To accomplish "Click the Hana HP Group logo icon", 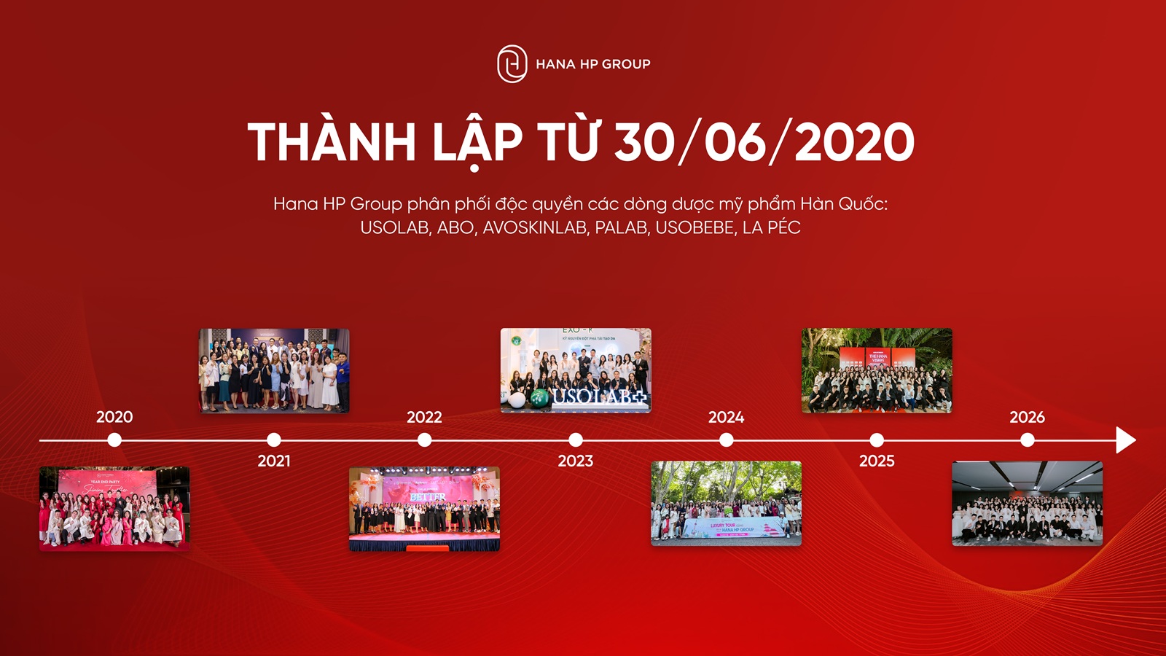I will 512,64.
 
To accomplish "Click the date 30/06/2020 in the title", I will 764,142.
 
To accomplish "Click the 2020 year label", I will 114,417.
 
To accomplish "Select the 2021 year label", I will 274,461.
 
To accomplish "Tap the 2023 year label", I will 576,461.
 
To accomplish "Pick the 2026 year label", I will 1027,417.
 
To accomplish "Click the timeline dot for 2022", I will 424,440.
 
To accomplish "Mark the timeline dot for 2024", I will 726,440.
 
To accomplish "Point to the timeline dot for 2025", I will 877,440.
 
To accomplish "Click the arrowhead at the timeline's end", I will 1125,440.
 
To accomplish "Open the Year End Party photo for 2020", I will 114,508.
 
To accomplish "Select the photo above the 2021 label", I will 274,370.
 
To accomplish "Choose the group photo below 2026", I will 1027,503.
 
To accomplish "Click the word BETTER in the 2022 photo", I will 428,497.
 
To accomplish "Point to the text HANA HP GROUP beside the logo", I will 592,64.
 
